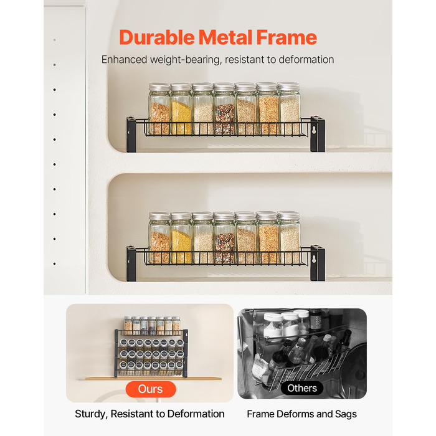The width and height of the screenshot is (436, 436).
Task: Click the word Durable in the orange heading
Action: [x=157, y=37]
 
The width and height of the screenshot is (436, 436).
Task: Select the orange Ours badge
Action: [x=151, y=389]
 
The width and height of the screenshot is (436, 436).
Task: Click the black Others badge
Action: [x=302, y=388]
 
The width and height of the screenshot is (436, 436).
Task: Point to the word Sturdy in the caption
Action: [x=90, y=414]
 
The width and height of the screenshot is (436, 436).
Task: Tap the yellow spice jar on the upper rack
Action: [x=181, y=109]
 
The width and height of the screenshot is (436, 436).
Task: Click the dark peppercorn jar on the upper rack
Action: [x=224, y=109]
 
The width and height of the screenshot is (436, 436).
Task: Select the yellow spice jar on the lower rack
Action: [x=181, y=238]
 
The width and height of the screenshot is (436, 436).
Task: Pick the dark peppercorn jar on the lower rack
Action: [x=224, y=238]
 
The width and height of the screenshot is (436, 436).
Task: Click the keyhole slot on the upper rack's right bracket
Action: [x=314, y=130]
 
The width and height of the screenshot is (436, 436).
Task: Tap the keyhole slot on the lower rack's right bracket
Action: [x=314, y=260]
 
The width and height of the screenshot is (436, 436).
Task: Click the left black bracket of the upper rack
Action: [x=131, y=135]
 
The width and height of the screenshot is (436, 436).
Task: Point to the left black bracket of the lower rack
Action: [x=131, y=263]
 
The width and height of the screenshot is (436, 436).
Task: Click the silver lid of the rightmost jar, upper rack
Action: [x=289, y=87]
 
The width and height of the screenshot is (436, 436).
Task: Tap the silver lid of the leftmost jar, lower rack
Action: [x=159, y=216]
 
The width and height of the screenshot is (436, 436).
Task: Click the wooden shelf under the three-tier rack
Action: [x=153, y=379]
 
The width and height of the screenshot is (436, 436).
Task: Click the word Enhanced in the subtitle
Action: [x=124, y=60]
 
